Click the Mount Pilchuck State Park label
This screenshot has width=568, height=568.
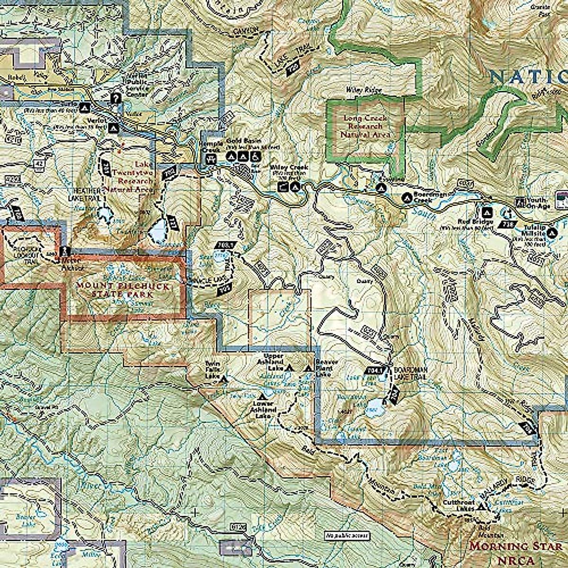tap(125, 290)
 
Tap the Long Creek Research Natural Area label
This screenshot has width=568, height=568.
tap(365, 126)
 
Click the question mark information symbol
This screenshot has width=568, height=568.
tap(115, 98)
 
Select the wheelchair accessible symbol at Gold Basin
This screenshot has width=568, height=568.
tap(254, 156)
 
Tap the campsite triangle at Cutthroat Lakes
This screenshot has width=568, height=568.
tap(481, 507)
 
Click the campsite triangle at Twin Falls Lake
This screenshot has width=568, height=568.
tap(224, 379)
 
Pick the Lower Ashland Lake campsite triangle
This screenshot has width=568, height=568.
tap(262, 396)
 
